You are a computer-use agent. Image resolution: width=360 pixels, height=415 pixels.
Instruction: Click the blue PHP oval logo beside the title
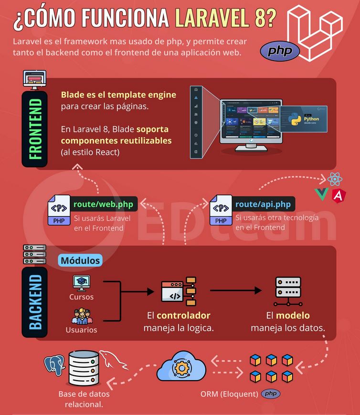point(280,51)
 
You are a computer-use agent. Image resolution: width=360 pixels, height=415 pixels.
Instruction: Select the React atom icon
point(335,179)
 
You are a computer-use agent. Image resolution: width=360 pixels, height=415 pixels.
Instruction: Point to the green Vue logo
point(321,194)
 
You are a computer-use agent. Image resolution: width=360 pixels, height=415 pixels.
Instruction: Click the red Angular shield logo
point(339,196)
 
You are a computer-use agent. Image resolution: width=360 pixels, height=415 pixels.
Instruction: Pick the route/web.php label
point(104,204)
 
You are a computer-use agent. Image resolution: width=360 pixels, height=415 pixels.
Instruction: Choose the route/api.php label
point(263,204)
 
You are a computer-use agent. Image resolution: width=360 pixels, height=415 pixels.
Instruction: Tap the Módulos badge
point(80,260)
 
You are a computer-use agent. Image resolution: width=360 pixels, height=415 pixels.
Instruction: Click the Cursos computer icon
point(82,283)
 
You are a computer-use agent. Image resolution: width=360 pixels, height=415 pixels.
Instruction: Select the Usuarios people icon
point(82,316)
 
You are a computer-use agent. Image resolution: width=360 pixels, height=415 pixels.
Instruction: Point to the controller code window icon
point(179,291)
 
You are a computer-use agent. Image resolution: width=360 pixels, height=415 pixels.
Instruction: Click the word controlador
point(183,316)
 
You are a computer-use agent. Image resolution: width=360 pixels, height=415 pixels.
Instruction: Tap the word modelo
point(293,316)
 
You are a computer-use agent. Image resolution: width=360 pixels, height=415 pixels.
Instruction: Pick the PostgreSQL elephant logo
point(54,365)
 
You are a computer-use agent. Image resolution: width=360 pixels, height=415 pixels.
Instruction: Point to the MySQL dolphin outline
point(113,360)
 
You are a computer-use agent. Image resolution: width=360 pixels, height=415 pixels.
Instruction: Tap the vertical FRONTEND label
point(35,129)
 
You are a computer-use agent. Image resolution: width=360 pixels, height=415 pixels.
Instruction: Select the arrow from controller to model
point(235,290)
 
